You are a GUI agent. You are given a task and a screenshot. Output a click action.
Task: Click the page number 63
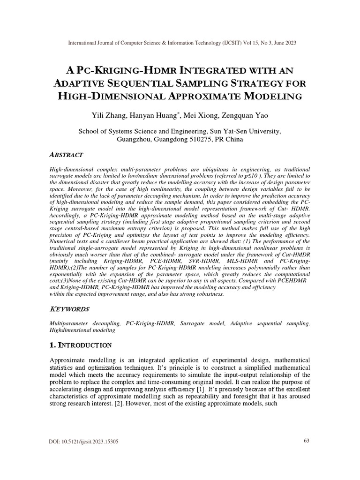tap(307, 455)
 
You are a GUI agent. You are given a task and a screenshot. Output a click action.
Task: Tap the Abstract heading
tap(66, 155)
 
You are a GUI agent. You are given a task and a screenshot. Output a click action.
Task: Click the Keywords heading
tap(69, 310)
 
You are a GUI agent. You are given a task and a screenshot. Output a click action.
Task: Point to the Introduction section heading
tap(81, 345)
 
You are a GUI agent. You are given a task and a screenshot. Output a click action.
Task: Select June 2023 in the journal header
tap(283, 43)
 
